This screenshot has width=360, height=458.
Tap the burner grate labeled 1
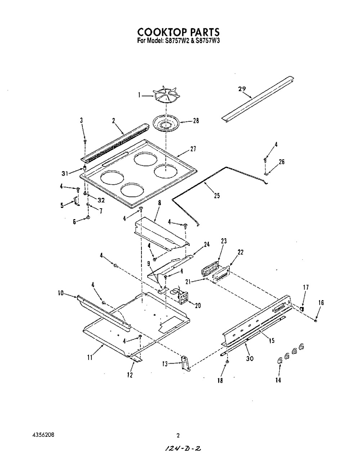click(x=166, y=97)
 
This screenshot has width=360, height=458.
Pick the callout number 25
click(x=217, y=196)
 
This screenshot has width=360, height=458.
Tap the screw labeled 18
click(x=227, y=361)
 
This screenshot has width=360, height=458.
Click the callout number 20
click(x=198, y=306)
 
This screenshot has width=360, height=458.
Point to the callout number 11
click(x=90, y=358)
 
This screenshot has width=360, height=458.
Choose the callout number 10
click(x=61, y=293)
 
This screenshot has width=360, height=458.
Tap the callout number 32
click(x=101, y=200)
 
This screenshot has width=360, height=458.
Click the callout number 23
click(x=224, y=241)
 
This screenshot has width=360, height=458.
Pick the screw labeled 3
click(x=85, y=141)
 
